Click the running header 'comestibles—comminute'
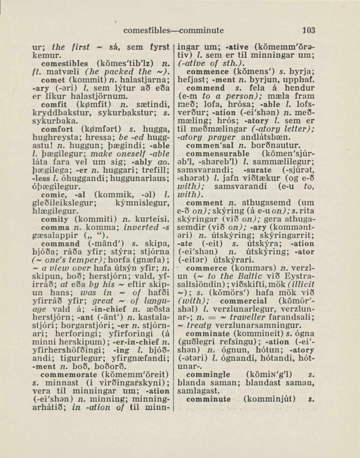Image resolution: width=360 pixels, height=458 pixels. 174,31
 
